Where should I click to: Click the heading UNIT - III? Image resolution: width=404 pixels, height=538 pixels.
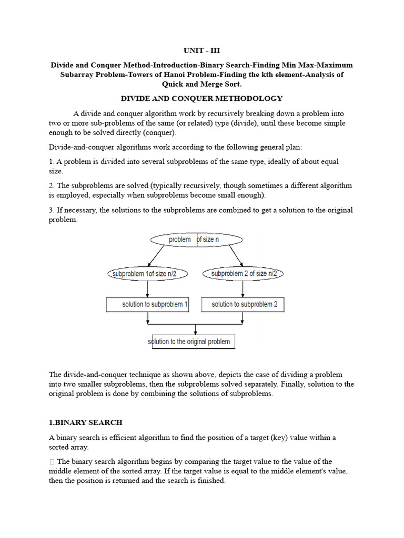202,51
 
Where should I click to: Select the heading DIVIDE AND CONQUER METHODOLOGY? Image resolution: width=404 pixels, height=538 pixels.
202,98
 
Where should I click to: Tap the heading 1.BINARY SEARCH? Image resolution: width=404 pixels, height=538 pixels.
86,422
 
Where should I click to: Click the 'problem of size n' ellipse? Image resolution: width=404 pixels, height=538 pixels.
197,240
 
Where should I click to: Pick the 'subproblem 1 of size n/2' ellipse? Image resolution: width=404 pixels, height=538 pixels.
147,274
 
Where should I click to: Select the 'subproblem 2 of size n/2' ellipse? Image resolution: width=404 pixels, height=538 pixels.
243,274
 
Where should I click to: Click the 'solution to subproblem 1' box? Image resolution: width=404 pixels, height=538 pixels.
147,304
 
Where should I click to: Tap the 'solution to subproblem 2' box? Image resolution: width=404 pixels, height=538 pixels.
243,304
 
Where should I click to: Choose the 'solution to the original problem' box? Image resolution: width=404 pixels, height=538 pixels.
193,342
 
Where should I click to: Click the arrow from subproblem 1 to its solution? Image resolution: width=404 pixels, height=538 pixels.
147,289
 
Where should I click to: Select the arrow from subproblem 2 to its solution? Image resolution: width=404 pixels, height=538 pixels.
243,289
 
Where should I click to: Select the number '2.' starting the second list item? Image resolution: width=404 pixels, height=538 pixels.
52,186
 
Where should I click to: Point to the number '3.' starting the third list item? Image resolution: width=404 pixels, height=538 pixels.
52,210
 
